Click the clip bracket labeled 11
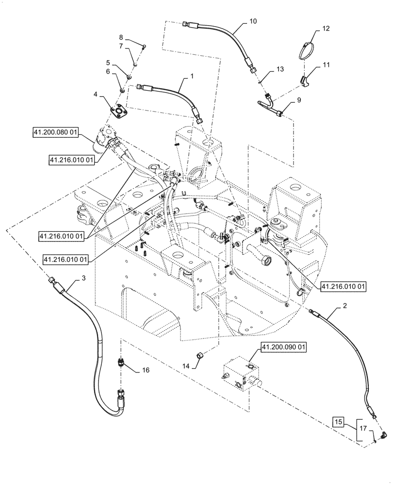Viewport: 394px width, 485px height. click(304, 81)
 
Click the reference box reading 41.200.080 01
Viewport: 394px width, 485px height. click(56, 132)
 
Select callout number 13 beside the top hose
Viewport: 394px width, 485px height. click(279, 69)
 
